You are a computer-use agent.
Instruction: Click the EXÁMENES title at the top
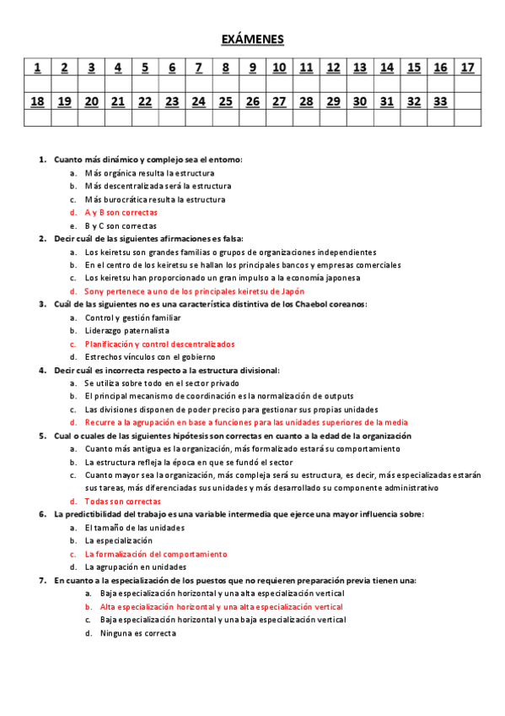tap(252, 40)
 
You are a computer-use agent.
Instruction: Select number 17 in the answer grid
tap(468, 68)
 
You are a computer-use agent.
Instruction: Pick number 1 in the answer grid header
tap(37, 68)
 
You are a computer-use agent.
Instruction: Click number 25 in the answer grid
tap(225, 101)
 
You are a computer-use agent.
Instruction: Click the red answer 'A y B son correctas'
tap(121, 213)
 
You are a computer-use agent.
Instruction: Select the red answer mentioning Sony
tap(183, 291)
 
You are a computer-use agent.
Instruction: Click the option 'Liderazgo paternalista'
tap(126, 331)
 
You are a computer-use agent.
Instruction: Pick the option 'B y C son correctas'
tap(121, 226)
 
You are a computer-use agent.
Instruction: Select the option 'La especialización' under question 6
tap(118, 540)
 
